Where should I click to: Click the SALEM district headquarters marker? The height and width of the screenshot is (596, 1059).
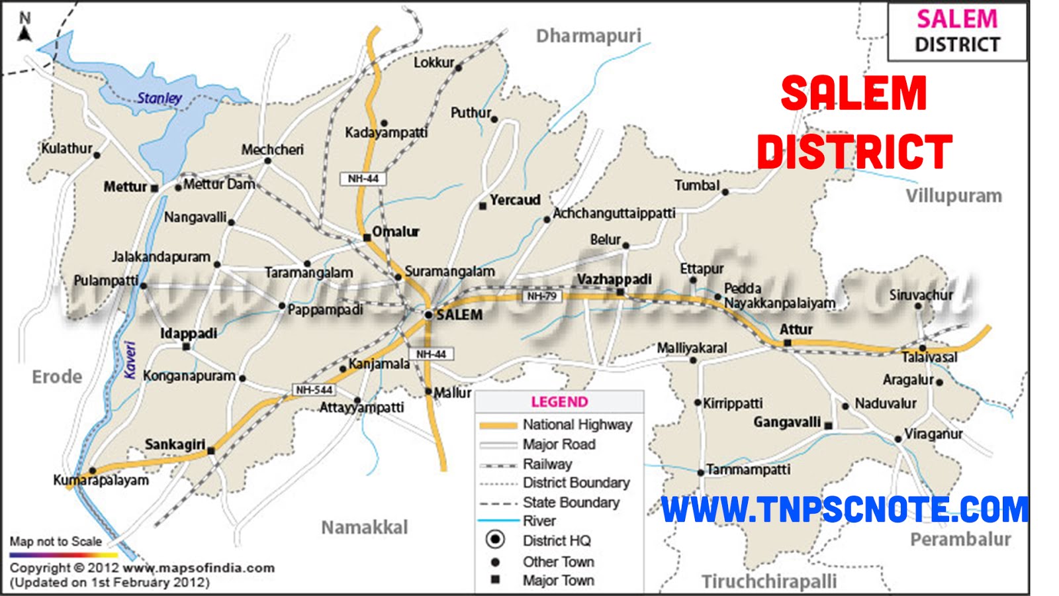point(429,315)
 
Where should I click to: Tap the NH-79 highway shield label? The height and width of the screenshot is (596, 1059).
point(541,296)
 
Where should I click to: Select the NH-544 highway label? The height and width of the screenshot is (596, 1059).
point(314,390)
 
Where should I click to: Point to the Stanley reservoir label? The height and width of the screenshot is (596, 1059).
point(160,98)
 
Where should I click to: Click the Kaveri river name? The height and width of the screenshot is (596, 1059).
point(130,360)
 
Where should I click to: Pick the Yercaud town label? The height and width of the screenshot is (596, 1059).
point(515,199)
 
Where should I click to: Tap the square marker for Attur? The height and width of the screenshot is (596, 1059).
point(787,343)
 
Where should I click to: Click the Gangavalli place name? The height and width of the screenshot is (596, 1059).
point(787,422)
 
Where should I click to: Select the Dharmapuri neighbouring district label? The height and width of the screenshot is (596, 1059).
point(588,36)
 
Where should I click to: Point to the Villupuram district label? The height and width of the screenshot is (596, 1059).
point(953,196)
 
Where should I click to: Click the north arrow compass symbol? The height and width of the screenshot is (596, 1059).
point(24,28)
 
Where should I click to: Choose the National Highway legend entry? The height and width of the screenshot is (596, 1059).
point(576,424)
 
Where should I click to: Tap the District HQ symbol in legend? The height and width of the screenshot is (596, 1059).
point(495,540)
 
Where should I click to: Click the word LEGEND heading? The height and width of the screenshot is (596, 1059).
point(559,402)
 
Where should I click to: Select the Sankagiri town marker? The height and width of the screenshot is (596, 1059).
point(210,451)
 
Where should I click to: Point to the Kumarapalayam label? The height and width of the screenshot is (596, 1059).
point(101,480)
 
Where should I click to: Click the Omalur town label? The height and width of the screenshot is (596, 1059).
point(395,232)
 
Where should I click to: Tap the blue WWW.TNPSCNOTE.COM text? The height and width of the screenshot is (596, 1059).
point(845,510)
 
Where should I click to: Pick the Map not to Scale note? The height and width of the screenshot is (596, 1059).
point(56,542)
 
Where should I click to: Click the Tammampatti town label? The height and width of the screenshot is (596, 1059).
point(748,470)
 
